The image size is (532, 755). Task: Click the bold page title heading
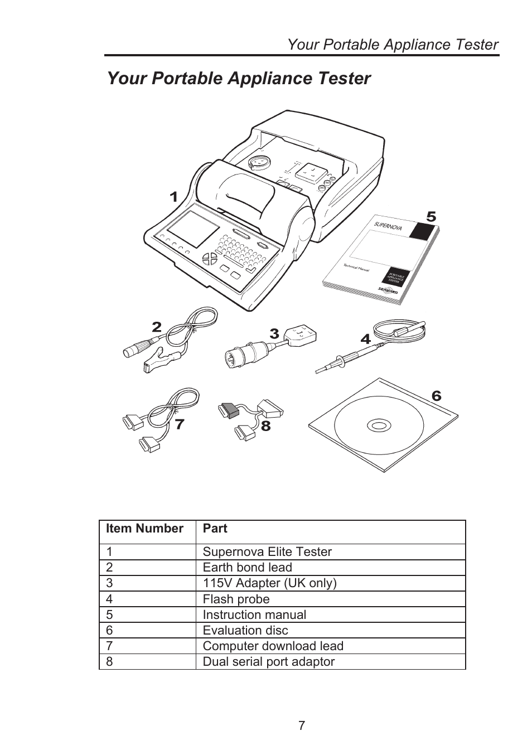click(239, 79)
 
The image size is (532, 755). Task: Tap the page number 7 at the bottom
click(302, 725)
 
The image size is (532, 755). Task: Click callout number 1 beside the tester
click(173, 197)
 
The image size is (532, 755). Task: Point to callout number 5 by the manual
click(431, 217)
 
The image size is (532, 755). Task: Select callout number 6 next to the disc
click(436, 396)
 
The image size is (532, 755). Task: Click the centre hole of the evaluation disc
click(379, 426)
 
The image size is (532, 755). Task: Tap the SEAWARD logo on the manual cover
click(388, 290)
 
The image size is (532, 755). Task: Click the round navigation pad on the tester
click(210, 259)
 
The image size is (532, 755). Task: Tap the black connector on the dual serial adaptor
click(230, 410)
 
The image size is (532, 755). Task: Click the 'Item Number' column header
click(144, 529)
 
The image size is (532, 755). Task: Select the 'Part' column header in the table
click(215, 529)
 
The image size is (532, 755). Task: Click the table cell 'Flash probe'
click(236, 599)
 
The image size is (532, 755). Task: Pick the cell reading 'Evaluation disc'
click(245, 631)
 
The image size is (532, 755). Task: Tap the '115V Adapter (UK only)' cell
click(269, 583)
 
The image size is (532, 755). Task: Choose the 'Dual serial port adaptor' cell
click(269, 662)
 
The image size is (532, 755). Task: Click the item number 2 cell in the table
click(110, 568)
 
